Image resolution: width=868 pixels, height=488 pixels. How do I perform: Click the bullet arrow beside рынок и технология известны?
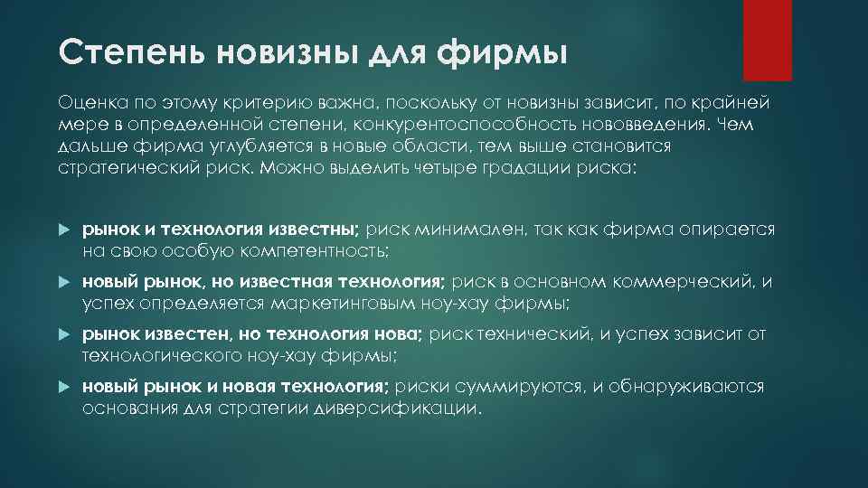[x=63, y=231]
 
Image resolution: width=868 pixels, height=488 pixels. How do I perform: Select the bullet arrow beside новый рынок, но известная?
[x=63, y=283]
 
